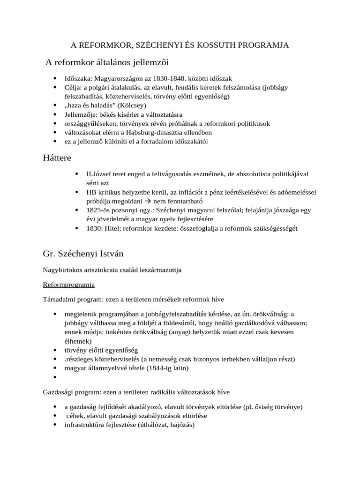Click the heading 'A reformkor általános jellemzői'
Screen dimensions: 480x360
[107, 62]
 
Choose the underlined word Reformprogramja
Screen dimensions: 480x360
[69, 285]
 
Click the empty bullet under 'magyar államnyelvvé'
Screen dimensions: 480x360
[55, 377]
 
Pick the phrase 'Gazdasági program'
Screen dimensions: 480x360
[71, 391]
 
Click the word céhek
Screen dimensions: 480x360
[76, 416]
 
